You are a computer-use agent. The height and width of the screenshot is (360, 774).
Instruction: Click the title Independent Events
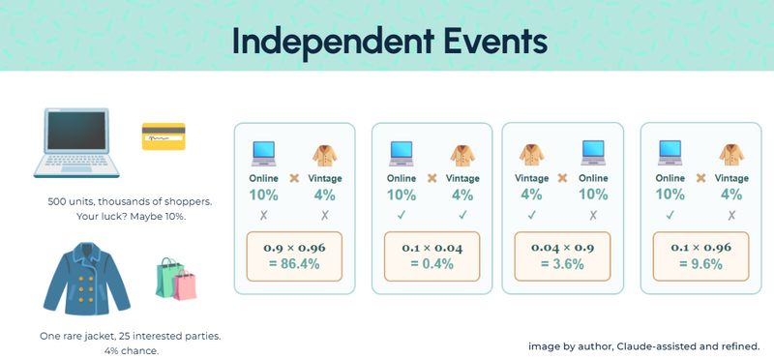(389, 43)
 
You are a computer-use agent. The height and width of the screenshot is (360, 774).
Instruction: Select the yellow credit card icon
(163, 136)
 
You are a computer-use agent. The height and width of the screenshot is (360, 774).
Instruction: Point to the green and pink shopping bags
(176, 279)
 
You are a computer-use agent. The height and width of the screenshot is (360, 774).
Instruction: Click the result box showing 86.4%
(294, 256)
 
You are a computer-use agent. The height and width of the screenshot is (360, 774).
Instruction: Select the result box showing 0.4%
(432, 256)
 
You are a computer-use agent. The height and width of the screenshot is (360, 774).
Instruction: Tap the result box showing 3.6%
(565, 256)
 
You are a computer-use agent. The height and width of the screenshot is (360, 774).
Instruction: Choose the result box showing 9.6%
(700, 256)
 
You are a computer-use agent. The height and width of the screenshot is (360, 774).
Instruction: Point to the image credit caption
(650, 345)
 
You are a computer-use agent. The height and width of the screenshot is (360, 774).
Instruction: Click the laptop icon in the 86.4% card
(264, 154)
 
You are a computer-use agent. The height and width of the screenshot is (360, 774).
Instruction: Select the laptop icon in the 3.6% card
(593, 154)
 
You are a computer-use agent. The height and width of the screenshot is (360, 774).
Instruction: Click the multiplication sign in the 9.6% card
(700, 178)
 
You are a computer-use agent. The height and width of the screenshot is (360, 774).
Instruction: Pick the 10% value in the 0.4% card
(402, 195)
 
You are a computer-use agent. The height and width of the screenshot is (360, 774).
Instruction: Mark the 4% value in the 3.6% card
(532, 195)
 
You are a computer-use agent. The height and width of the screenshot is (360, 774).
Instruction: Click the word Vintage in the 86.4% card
(325, 178)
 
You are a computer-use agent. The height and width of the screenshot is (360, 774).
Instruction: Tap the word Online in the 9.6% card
(670, 178)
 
